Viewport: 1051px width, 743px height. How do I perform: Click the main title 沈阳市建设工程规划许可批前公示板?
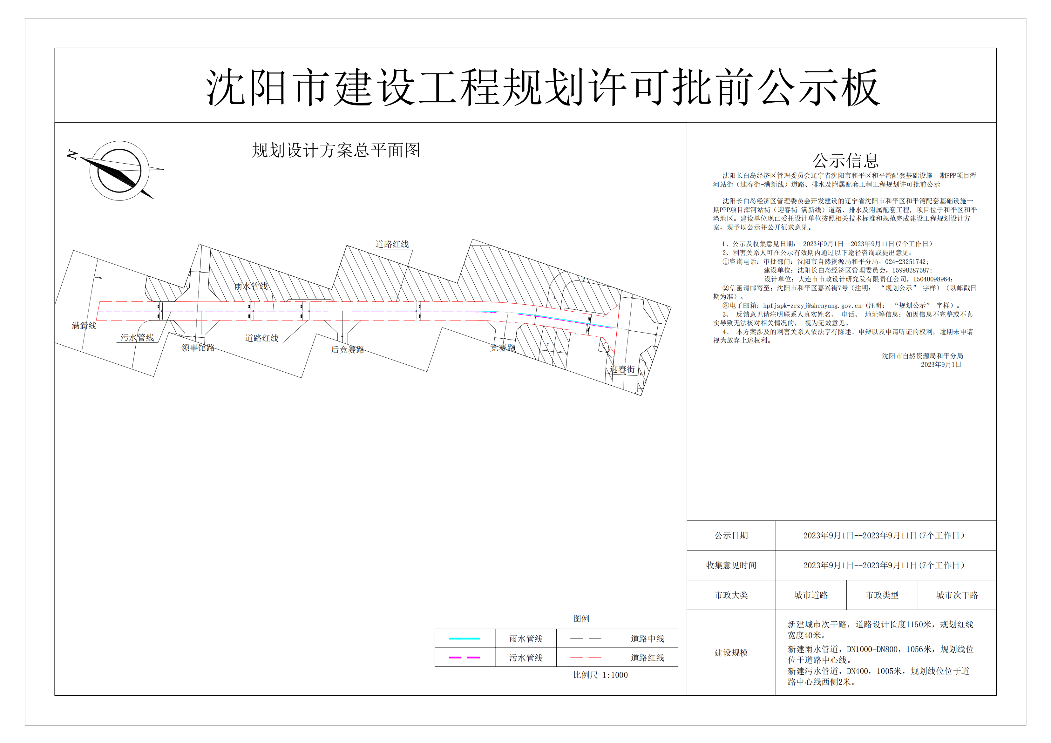543,87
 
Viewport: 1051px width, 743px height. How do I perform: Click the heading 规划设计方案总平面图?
336,150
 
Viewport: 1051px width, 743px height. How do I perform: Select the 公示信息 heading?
845,161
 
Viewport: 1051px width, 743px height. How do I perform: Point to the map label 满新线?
84,326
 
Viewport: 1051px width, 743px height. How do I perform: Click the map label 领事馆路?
198,348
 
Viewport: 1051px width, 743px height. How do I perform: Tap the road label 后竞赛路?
348,350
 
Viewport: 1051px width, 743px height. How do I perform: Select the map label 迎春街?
622,369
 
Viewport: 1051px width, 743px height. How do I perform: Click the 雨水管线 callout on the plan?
251,286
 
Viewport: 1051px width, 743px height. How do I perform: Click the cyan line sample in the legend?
464,638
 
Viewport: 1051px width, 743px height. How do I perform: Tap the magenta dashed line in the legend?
464,658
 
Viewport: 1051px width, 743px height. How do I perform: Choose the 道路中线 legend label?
647,638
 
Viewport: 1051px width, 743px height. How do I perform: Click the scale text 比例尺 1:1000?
600,675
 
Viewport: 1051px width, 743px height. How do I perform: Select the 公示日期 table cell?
731,535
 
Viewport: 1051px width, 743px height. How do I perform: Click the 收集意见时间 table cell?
731,565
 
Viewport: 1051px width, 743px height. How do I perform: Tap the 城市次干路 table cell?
957,595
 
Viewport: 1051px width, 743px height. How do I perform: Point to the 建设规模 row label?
731,652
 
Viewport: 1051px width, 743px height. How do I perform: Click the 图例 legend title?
581,618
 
